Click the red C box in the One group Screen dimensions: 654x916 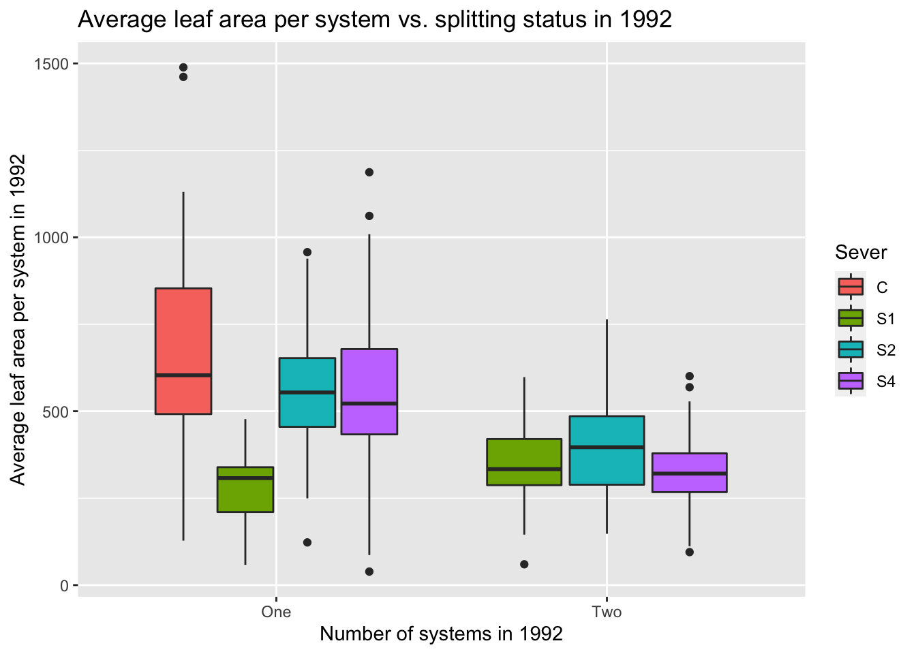pyautogui.click(x=183, y=351)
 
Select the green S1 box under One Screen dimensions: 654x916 pyautogui.click(x=245, y=489)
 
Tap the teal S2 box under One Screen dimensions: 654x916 pyautogui.click(x=307, y=392)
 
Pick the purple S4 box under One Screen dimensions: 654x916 pyautogui.click(x=369, y=391)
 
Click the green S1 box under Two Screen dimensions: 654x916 pyautogui.click(x=524, y=462)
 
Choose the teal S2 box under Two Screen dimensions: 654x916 pyautogui.click(x=607, y=450)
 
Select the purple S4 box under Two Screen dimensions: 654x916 pyautogui.click(x=689, y=473)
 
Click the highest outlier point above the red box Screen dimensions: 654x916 pyautogui.click(x=183, y=67)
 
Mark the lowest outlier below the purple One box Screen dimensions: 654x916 pyautogui.click(x=369, y=572)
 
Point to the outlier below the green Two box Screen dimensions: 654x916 pyautogui.click(x=524, y=564)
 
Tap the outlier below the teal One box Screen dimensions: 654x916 pyautogui.click(x=307, y=542)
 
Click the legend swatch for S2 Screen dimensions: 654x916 pyautogui.click(x=851, y=349)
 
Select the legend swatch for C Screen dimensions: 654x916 pyautogui.click(x=851, y=287)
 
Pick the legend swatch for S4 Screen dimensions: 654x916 pyautogui.click(x=851, y=381)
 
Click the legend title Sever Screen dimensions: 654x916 pyautogui.click(x=861, y=253)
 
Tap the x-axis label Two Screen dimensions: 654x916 pyautogui.click(x=607, y=612)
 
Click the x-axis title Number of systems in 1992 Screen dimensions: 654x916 pyautogui.click(x=441, y=634)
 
